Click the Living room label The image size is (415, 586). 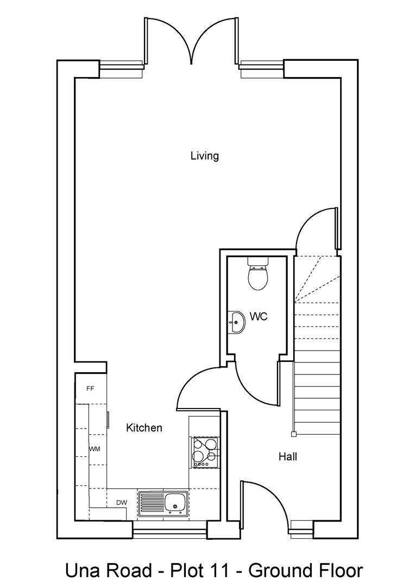[x=204, y=156]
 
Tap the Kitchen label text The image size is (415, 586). [x=144, y=428]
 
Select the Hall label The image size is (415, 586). [x=287, y=457]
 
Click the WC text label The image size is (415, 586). [x=259, y=317]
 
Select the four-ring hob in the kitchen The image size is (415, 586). [x=204, y=452]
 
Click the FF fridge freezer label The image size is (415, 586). [x=90, y=388]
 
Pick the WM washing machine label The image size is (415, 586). [x=95, y=449]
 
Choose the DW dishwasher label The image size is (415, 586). [x=122, y=502]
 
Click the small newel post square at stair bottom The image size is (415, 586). [x=294, y=434]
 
